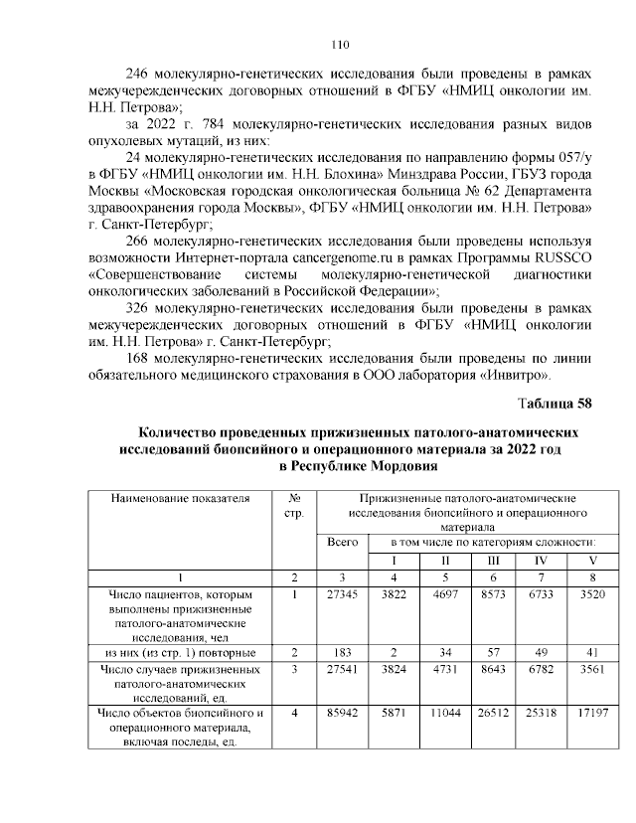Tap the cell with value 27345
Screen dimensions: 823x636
341,593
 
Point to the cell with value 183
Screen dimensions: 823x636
341,652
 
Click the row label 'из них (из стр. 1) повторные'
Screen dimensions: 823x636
181,652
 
